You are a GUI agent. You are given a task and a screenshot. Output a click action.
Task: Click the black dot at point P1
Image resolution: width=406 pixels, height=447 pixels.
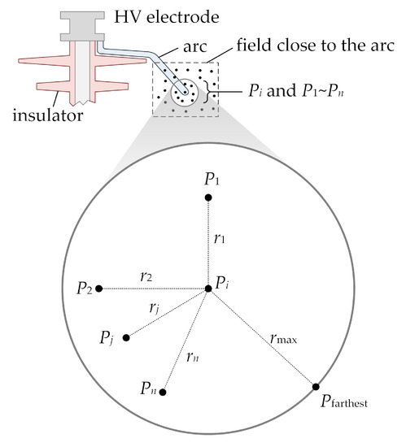click(209, 197)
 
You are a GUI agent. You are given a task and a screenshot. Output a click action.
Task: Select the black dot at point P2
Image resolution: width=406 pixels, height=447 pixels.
click(98, 288)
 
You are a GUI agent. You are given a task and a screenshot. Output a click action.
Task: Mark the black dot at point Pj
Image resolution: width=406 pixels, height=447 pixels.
click(126, 337)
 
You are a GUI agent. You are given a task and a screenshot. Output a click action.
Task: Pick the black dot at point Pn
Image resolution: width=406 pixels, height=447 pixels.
click(164, 392)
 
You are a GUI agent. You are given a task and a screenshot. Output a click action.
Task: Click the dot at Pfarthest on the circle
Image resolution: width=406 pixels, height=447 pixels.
click(315, 388)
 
